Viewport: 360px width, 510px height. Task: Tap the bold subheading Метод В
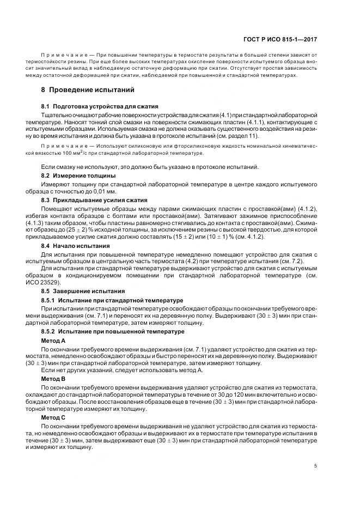pyautogui.click(x=53, y=378)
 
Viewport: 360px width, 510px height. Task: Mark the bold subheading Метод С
pyautogui.click(x=53, y=416)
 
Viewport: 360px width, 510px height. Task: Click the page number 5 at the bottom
pyautogui.click(x=316, y=466)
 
